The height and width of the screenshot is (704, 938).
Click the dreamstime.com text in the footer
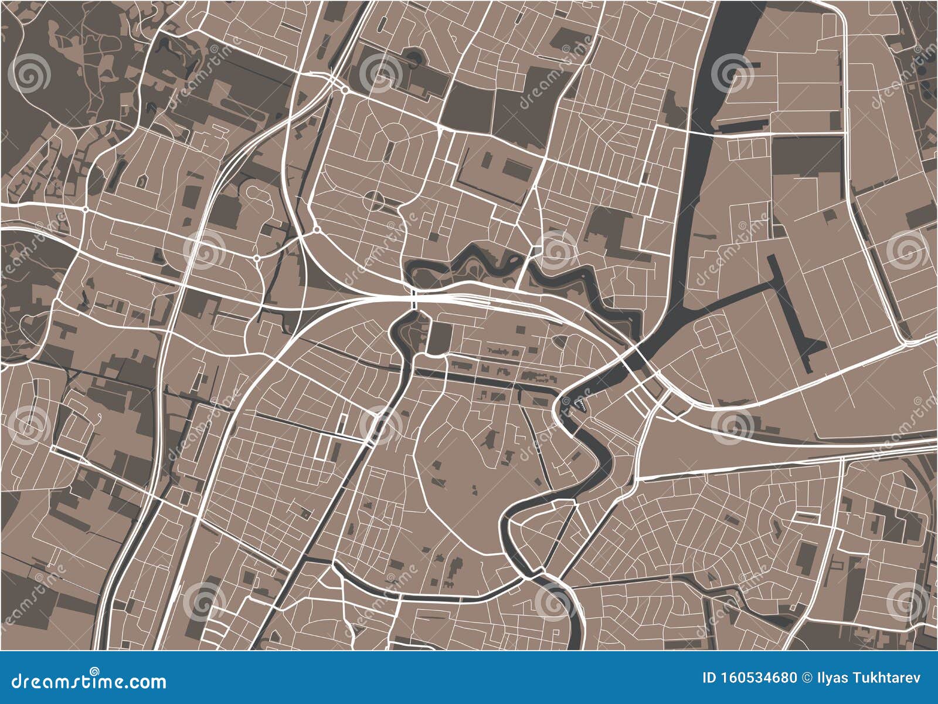[x=89, y=682]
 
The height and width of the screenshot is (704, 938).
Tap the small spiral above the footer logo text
[x=94, y=671]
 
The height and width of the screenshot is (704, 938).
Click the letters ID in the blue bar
[x=709, y=678]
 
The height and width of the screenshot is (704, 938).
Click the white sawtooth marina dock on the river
[x=580, y=404]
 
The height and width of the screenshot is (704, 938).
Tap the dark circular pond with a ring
[x=414, y=57]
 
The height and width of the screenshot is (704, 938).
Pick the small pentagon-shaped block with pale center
[x=141, y=180]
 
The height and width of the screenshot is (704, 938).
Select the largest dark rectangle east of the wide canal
[x=807, y=155]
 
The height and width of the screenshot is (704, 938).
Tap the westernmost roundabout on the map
[x=86, y=209]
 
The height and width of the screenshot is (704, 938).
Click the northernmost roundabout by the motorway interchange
[x=344, y=90]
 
